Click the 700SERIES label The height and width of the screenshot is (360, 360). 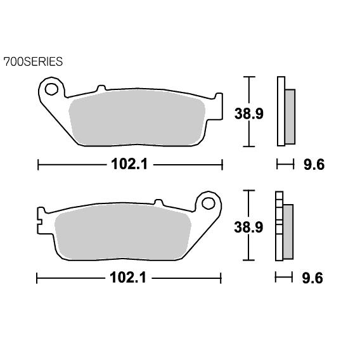pyautogui.click(x=33, y=61)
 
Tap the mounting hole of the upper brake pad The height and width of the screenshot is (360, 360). pyautogui.click(x=51, y=89)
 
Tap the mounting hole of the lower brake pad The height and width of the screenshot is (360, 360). pyautogui.click(x=209, y=203)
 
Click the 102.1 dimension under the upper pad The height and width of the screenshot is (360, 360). pyautogui.click(x=129, y=164)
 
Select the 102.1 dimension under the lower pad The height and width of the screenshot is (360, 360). pyautogui.click(x=128, y=278)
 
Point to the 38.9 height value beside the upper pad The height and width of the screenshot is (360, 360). pyautogui.click(x=249, y=113)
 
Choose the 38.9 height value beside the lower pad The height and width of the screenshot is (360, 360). pyautogui.click(x=248, y=227)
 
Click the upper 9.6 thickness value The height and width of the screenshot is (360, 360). pyautogui.click(x=314, y=164)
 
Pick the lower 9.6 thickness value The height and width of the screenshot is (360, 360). pyautogui.click(x=312, y=278)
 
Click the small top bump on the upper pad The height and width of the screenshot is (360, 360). pyautogui.click(x=101, y=88)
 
